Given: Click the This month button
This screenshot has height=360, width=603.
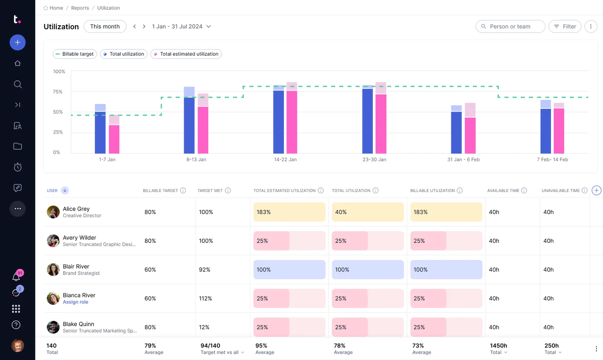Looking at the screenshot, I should (x=105, y=26).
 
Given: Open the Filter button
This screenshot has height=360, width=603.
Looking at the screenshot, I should (x=565, y=26).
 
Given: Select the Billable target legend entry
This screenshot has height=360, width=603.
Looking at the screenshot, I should (x=75, y=54).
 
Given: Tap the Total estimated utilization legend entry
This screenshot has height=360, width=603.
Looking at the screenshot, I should (x=186, y=54).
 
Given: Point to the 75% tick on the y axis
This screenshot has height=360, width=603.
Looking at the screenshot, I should (x=58, y=92).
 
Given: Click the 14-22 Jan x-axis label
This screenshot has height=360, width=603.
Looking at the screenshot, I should (x=285, y=160).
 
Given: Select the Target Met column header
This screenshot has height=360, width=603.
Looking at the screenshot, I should (x=210, y=191).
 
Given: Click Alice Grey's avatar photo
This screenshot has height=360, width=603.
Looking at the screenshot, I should (x=53, y=212).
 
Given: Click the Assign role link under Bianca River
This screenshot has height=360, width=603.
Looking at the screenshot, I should (x=75, y=302).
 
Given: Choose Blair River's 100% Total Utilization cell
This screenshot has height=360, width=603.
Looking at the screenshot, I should (x=367, y=270).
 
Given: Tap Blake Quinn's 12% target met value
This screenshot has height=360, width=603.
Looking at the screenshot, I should (x=204, y=327).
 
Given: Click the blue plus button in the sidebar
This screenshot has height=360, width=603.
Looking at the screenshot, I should (x=17, y=43).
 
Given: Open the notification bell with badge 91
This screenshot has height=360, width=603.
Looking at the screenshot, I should (x=16, y=277).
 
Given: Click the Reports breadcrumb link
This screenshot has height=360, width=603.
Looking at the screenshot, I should (x=80, y=8).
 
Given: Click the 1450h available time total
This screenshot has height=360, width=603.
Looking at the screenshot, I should (x=498, y=346).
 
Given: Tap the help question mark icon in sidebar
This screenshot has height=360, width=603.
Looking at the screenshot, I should (x=16, y=325).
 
